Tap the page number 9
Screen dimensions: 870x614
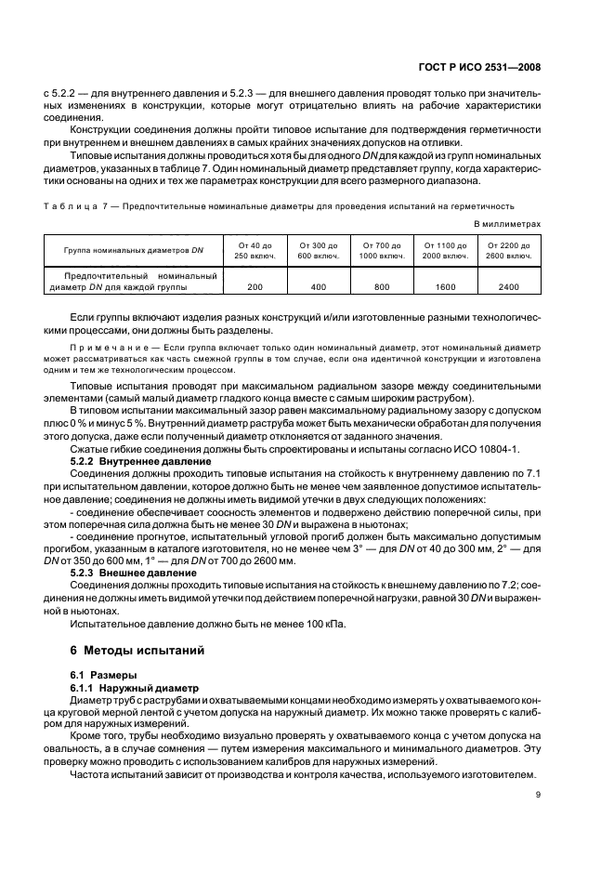pos(538,794)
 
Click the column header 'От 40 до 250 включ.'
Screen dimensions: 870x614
pos(255,250)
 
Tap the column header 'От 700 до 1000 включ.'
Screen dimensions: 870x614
pos(382,250)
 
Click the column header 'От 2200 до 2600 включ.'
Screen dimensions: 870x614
pos(508,250)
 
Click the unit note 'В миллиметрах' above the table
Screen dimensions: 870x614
pos(507,224)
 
